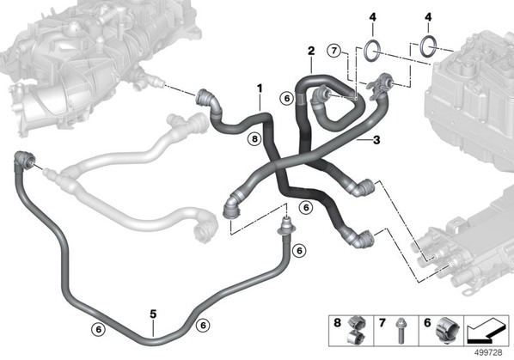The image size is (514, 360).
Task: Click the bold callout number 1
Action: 260,88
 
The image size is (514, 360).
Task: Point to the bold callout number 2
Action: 311,51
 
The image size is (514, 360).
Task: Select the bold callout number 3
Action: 376,140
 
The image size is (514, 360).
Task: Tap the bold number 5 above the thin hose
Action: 153,314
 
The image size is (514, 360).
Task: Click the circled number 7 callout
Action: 334,51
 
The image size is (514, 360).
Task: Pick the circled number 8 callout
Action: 254,139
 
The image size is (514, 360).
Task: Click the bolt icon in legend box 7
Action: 400,331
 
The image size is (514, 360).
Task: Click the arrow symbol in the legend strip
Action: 486,330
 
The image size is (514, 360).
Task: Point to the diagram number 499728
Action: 488,353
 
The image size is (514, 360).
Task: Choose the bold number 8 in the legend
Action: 337,323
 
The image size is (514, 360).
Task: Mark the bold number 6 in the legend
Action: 427,323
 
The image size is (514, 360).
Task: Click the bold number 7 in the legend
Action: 382,323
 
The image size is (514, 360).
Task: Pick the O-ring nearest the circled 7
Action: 372,50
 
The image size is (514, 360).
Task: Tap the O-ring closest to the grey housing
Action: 428,46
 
